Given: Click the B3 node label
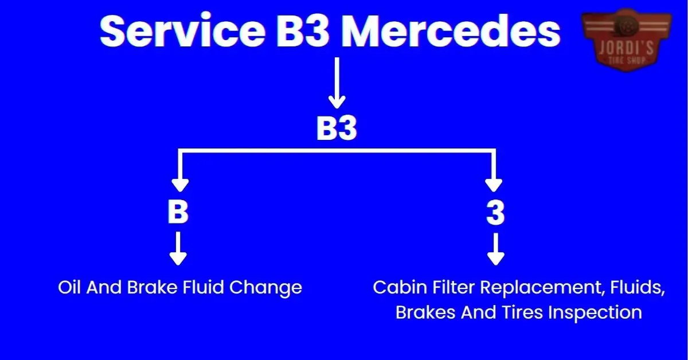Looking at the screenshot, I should tap(337, 130).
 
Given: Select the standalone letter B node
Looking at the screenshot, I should tap(178, 213).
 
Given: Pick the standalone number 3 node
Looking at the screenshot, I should tap(494, 213).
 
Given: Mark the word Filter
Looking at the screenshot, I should tap(451, 288).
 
